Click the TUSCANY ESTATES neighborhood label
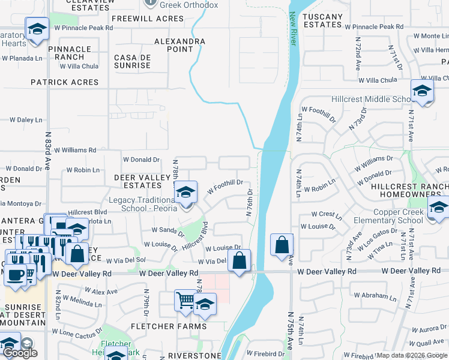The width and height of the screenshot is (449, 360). tap(322, 20)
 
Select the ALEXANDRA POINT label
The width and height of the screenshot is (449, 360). tap(179, 45)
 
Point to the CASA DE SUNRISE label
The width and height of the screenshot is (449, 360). tap(131, 61)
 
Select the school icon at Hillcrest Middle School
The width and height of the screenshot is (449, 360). tap(422, 91)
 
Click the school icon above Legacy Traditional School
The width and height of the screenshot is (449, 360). tap(186, 193)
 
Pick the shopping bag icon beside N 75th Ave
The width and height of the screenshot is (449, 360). tap(282, 245)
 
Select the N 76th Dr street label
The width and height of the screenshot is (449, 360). tap(249, 201)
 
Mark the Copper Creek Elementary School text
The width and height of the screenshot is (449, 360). tap(398, 216)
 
